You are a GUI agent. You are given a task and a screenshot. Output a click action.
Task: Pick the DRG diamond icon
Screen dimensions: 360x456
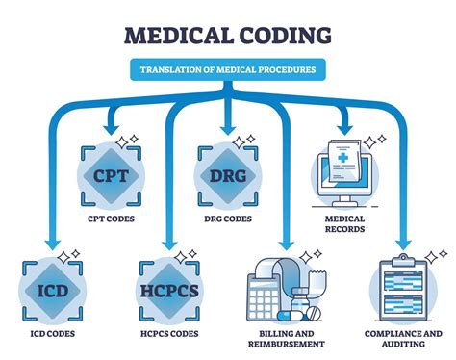tap(227, 175)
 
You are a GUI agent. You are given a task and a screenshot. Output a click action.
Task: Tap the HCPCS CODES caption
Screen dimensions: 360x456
tap(168, 335)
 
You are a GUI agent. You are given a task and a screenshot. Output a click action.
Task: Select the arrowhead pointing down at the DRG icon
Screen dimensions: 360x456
tap(227, 127)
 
